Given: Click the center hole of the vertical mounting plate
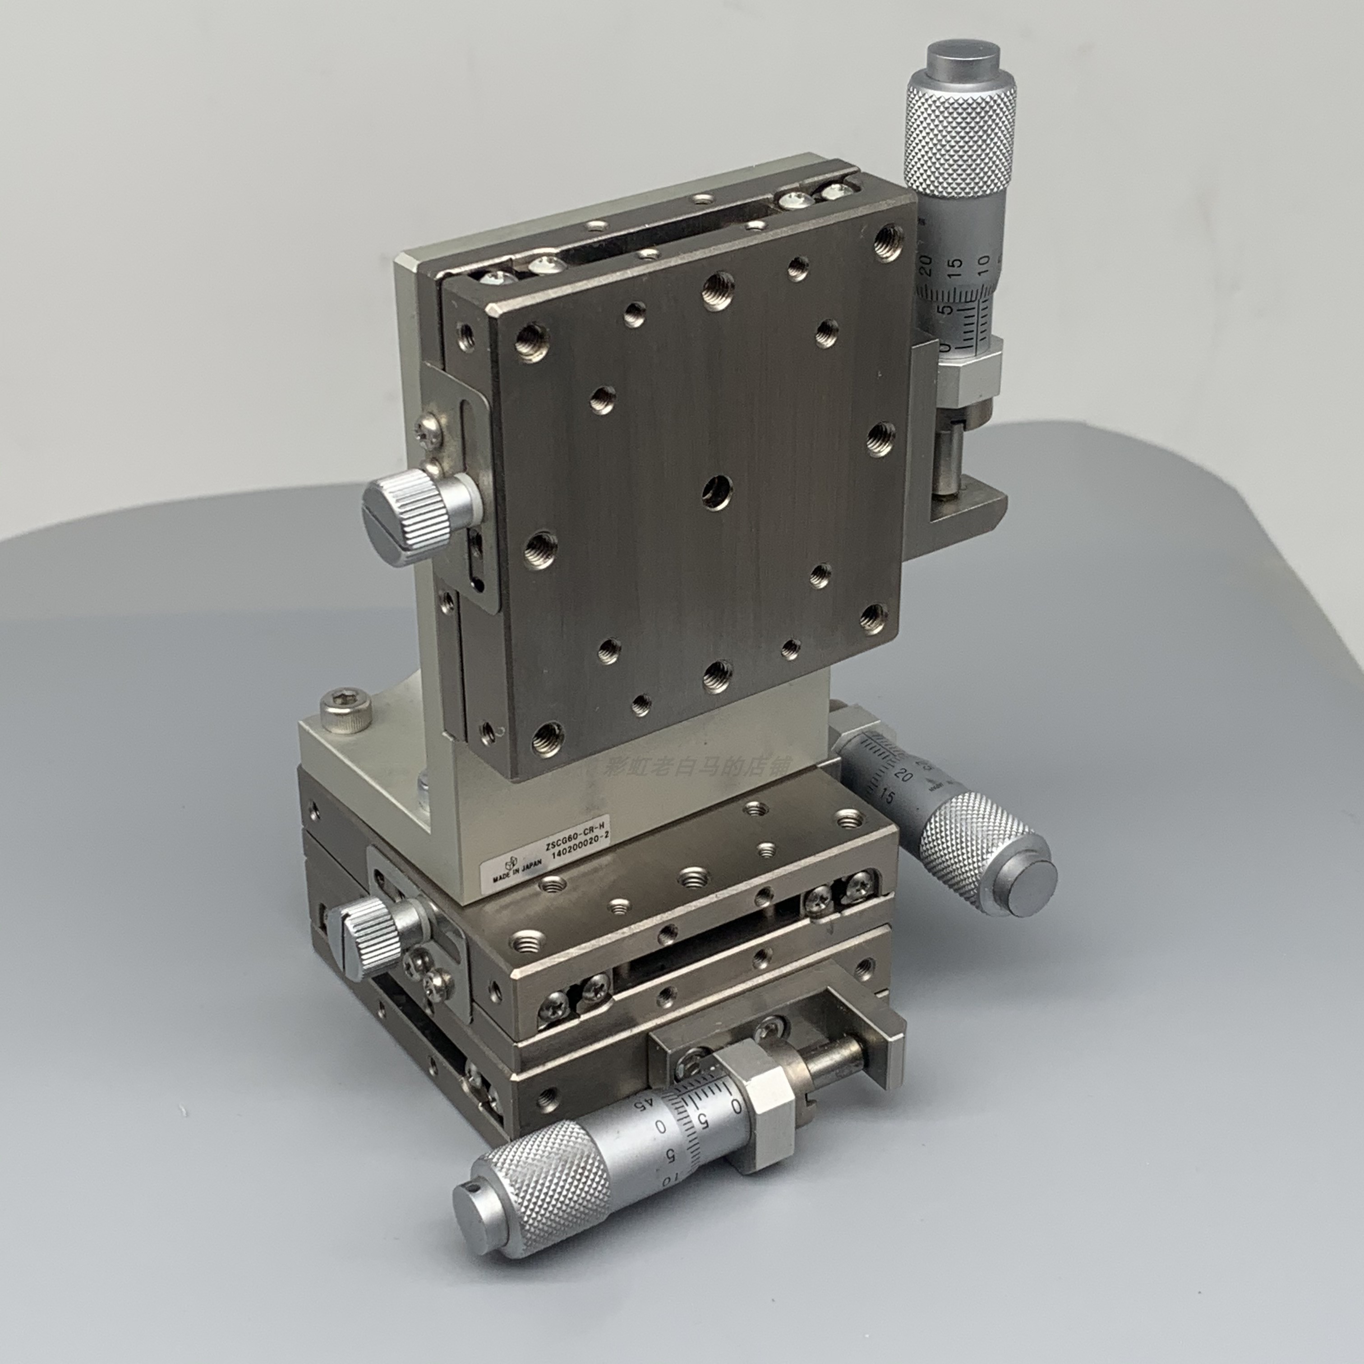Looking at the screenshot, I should [x=717, y=490].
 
